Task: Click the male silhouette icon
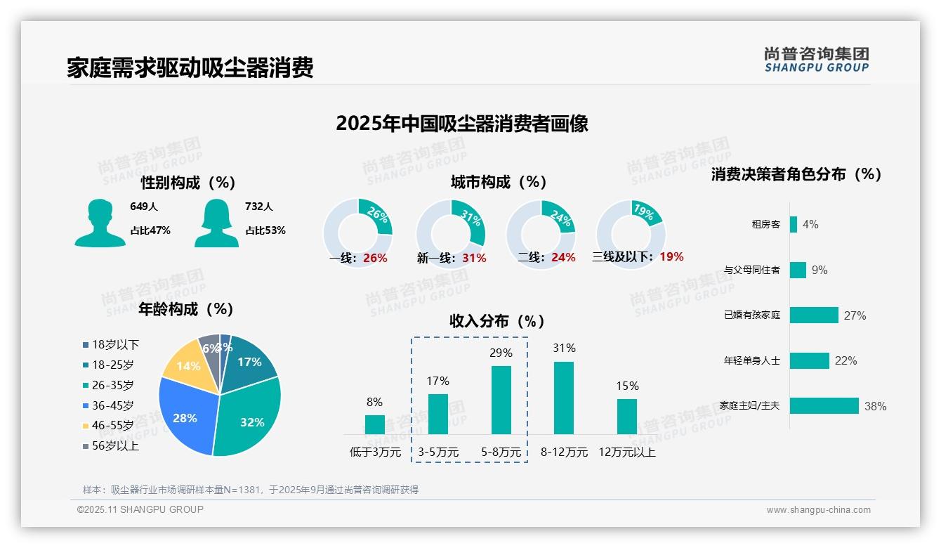100,223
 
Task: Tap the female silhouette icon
216,223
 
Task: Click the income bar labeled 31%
564,398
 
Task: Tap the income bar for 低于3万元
375,424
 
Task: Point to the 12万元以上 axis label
626,452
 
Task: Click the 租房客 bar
794,224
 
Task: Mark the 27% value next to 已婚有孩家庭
855,315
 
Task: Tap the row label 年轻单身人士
751,361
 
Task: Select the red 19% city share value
671,257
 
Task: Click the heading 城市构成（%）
499,182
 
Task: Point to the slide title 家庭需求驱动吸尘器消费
190,67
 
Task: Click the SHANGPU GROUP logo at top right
816,59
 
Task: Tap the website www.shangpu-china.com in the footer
818,510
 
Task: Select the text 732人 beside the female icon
259,207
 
